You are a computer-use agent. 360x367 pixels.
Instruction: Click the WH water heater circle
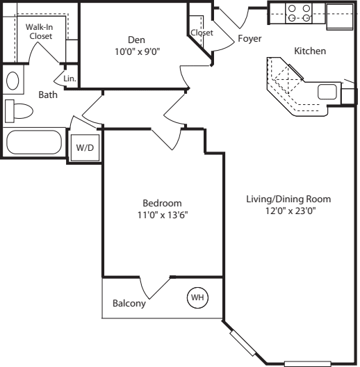coord(198,297)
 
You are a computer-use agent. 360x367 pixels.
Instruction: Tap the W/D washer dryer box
coord(84,147)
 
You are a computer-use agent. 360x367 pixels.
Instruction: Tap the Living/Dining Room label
coord(288,199)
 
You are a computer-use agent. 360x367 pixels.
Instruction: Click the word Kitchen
coord(310,51)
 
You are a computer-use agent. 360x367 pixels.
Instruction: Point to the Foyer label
coord(249,39)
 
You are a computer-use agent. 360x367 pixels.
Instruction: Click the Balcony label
coord(129,304)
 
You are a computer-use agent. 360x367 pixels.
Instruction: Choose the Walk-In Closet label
coord(40,31)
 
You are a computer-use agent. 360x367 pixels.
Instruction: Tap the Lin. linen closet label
coord(69,79)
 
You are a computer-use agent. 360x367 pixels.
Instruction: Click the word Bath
coord(48,95)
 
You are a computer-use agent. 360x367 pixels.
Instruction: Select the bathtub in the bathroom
coord(35,143)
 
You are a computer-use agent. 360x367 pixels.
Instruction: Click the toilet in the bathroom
coord(18,111)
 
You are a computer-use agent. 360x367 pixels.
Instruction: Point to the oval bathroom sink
coord(13,80)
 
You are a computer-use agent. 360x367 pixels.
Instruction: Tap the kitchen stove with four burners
coord(300,14)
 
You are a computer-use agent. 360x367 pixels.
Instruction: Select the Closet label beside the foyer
coord(201,33)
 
